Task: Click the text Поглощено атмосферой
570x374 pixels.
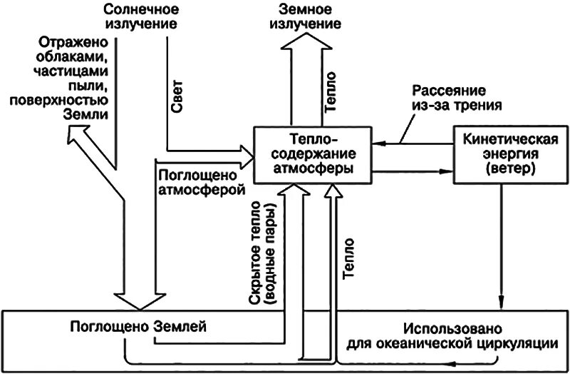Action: [x=200, y=183]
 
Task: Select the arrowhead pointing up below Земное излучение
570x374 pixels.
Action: [x=307, y=47]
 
